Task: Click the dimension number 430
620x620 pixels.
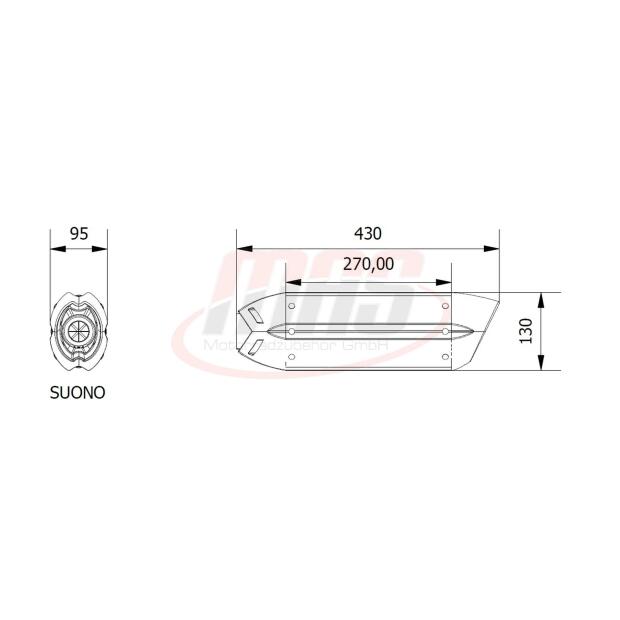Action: point(368,233)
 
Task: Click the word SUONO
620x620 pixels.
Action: point(78,393)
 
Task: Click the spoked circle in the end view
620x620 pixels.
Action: point(79,332)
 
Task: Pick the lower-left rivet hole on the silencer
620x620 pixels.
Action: point(292,353)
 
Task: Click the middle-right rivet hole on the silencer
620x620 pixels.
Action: point(444,330)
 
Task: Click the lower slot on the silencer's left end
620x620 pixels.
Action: point(256,345)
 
